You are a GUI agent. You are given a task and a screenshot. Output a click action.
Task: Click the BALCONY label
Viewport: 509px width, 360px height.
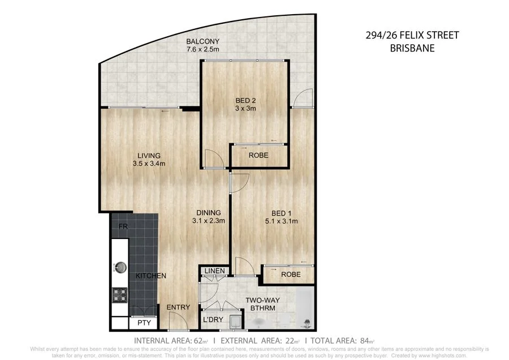203,42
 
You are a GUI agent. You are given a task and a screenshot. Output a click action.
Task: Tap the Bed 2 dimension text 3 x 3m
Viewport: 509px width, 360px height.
245,109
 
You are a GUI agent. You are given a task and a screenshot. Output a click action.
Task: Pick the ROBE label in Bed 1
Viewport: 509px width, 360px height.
291,275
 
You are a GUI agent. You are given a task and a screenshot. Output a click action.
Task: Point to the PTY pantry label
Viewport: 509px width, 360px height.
144,324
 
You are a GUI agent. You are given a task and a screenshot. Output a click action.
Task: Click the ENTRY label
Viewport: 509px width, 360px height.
179,307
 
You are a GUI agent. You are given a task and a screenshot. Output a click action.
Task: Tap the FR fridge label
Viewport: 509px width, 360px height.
122,228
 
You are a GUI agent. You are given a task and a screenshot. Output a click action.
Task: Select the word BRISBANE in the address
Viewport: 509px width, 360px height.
412,48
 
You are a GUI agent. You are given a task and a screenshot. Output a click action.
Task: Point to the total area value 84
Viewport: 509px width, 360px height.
363,341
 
